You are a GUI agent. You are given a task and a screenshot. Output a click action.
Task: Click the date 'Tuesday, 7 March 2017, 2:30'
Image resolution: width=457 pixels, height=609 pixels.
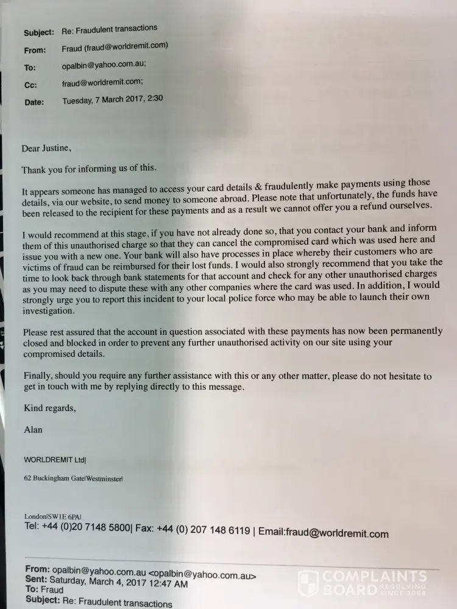113,99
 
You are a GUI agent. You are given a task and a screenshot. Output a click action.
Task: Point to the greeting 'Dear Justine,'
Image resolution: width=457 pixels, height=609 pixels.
46,148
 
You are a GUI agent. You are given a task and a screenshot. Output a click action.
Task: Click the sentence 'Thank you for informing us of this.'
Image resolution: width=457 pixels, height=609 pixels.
89,169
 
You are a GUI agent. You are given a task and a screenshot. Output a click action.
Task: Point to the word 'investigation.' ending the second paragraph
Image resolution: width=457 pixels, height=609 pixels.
49,311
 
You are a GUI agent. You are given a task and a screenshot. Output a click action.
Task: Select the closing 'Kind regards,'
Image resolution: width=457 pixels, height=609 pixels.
49,408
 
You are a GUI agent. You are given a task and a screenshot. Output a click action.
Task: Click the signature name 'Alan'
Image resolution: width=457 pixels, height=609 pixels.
34,430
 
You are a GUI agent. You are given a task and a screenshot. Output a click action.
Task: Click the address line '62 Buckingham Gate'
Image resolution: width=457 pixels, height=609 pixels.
54,479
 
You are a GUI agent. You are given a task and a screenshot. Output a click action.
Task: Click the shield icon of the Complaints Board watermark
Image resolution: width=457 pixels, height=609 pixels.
308,582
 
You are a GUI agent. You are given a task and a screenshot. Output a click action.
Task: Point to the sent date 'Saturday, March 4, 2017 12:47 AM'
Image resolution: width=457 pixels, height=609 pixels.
119,583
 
